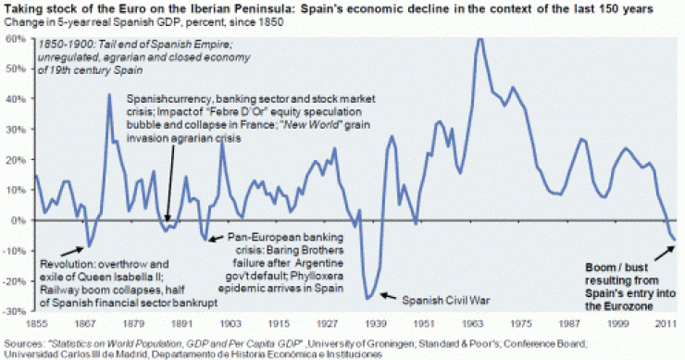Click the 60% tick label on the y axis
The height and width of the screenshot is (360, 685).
point(15,40)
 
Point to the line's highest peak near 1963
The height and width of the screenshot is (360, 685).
point(479,39)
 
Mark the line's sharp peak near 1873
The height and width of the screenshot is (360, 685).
point(109,94)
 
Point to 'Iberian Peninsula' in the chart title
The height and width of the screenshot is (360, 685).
point(192,6)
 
